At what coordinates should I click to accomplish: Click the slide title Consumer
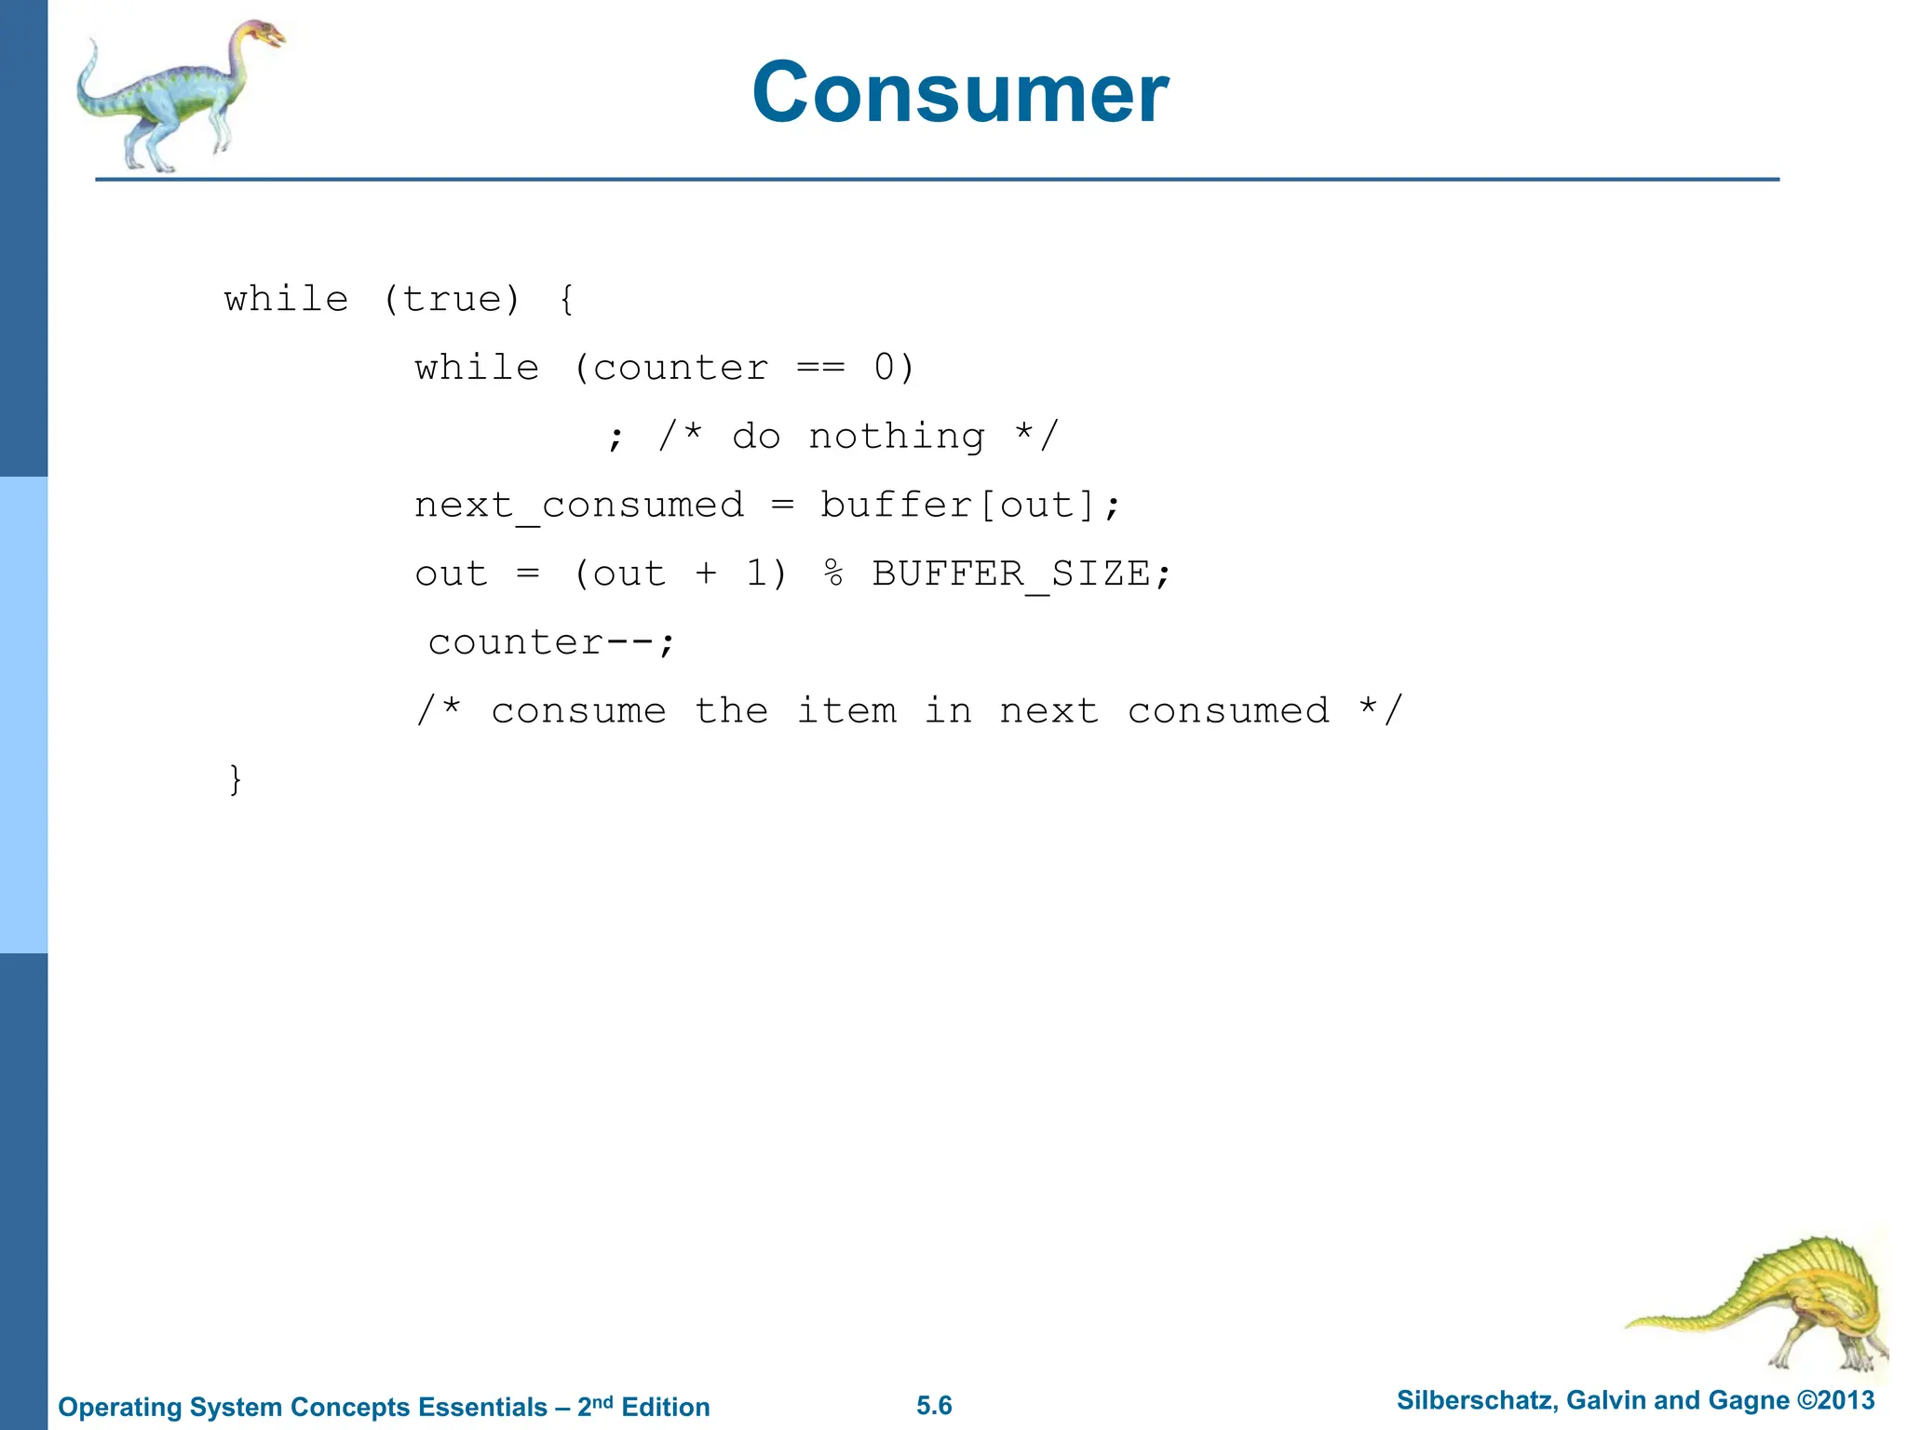pos(960,92)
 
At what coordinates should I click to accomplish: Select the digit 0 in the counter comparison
pos(885,368)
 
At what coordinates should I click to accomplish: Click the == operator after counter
pos(820,369)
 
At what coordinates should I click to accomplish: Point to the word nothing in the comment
pos(896,437)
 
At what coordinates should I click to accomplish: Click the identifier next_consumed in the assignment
pos(579,506)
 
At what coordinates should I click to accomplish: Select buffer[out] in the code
pos(957,506)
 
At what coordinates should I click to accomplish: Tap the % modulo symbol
pos(833,573)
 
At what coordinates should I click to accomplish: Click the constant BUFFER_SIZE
pos(1011,574)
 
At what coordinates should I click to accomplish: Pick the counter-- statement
pos(550,642)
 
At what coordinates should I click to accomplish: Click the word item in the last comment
pos(846,711)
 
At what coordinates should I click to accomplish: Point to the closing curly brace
pos(236,779)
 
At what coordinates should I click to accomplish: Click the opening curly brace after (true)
pos(566,300)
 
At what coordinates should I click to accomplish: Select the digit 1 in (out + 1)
pos(756,573)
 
